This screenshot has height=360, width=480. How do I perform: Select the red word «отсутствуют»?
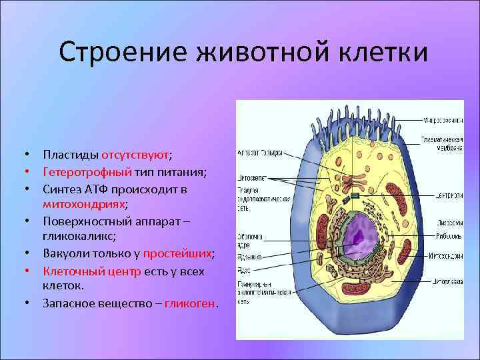135,155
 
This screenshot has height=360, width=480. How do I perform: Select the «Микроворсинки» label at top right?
443,121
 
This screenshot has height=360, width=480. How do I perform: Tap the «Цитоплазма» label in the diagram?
448,281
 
